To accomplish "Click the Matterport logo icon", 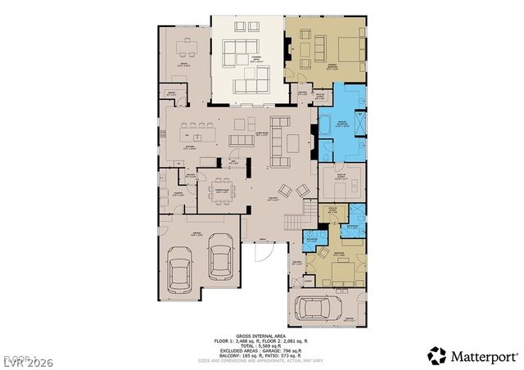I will pos(437,354).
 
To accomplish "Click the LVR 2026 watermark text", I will pos(24,359).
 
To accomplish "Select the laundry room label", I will pos(178,194).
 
